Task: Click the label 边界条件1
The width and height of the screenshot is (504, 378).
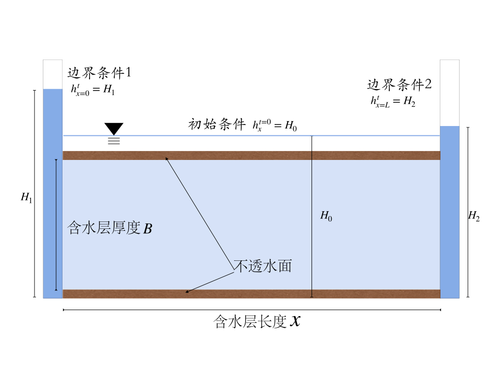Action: click(99, 73)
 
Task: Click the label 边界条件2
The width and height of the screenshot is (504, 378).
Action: click(399, 85)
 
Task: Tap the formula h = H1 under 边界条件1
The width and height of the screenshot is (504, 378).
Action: click(93, 90)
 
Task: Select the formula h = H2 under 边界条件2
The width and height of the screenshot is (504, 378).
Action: click(393, 101)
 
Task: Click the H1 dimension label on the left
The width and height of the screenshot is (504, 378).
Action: click(26, 197)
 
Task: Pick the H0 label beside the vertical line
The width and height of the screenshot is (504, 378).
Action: click(326, 215)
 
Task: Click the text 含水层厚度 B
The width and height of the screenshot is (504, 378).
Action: click(109, 228)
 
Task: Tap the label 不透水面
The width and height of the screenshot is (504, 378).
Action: click(262, 266)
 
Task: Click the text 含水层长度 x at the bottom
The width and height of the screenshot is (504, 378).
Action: click(256, 322)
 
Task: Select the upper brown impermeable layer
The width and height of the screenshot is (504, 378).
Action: click(252, 156)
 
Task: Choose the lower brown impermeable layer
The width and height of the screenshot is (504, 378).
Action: click(252, 294)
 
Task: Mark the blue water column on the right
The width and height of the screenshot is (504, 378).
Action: click(449, 212)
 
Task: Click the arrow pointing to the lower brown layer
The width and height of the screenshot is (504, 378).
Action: click(209, 281)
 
